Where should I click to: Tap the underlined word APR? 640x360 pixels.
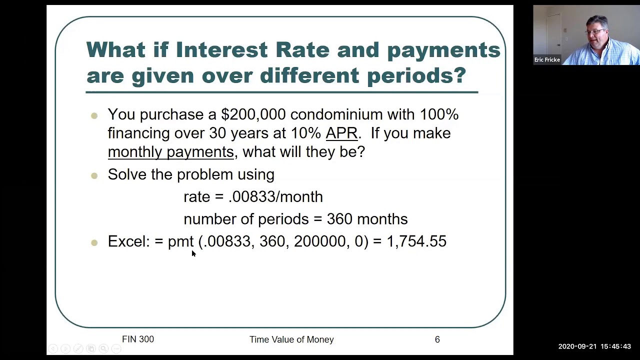341,133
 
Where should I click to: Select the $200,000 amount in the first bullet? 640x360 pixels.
253,114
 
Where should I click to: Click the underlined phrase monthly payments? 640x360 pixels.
171,151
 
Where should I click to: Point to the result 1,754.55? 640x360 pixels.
416,241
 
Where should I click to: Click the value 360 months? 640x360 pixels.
367,219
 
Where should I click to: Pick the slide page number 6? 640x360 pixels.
437,339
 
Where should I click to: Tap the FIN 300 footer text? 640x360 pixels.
138,339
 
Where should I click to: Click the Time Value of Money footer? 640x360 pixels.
291,339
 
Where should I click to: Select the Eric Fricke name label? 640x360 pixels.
547,59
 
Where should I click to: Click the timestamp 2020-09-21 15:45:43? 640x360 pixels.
594,346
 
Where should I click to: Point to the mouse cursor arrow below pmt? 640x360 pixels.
193,253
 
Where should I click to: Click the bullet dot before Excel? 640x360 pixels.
94,242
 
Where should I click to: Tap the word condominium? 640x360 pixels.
336,114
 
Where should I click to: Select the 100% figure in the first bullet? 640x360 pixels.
439,114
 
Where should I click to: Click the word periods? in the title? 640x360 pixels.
416,75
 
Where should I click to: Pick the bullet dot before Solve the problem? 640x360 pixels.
94,175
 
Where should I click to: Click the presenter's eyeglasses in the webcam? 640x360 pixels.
595,31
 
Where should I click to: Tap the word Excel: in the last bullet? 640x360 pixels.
129,241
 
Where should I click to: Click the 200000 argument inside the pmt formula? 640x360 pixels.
319,241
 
